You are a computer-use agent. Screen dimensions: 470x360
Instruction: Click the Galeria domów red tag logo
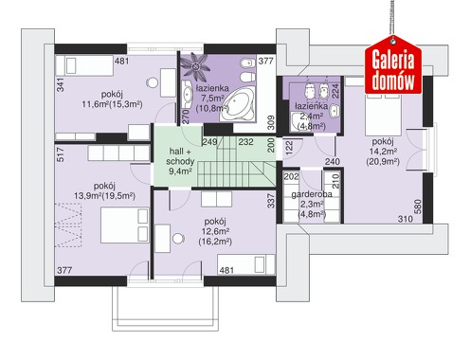tap(393, 65)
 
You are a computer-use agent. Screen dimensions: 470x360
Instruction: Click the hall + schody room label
tap(180, 156)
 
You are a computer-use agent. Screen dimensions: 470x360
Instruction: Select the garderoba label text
tap(312, 194)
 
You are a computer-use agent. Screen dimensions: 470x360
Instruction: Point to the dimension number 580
tap(418, 207)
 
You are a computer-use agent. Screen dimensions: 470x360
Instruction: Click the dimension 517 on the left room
tap(61, 154)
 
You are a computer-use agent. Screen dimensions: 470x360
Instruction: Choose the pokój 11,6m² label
tap(112, 99)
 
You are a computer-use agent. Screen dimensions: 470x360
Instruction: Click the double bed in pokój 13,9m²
tap(125, 225)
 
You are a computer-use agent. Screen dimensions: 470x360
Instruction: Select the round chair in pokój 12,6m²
tap(178, 239)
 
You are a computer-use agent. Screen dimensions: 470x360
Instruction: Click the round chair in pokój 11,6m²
tap(153, 83)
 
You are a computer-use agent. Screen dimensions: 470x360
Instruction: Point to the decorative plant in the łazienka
tap(196, 65)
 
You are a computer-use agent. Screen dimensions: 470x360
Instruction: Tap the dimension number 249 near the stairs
tap(209, 142)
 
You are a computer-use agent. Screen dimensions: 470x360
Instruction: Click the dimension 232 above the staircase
tap(245, 142)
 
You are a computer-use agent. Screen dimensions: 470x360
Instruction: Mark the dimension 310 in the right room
tap(406, 219)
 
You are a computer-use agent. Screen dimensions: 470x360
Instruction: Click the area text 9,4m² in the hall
tap(181, 171)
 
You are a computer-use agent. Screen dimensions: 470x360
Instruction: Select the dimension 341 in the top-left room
tap(61, 85)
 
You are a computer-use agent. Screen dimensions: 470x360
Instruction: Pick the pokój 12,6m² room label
tap(215, 231)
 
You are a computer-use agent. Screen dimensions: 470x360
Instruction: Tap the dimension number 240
tap(333, 162)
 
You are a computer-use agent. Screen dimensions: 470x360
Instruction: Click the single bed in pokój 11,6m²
tap(84, 65)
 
